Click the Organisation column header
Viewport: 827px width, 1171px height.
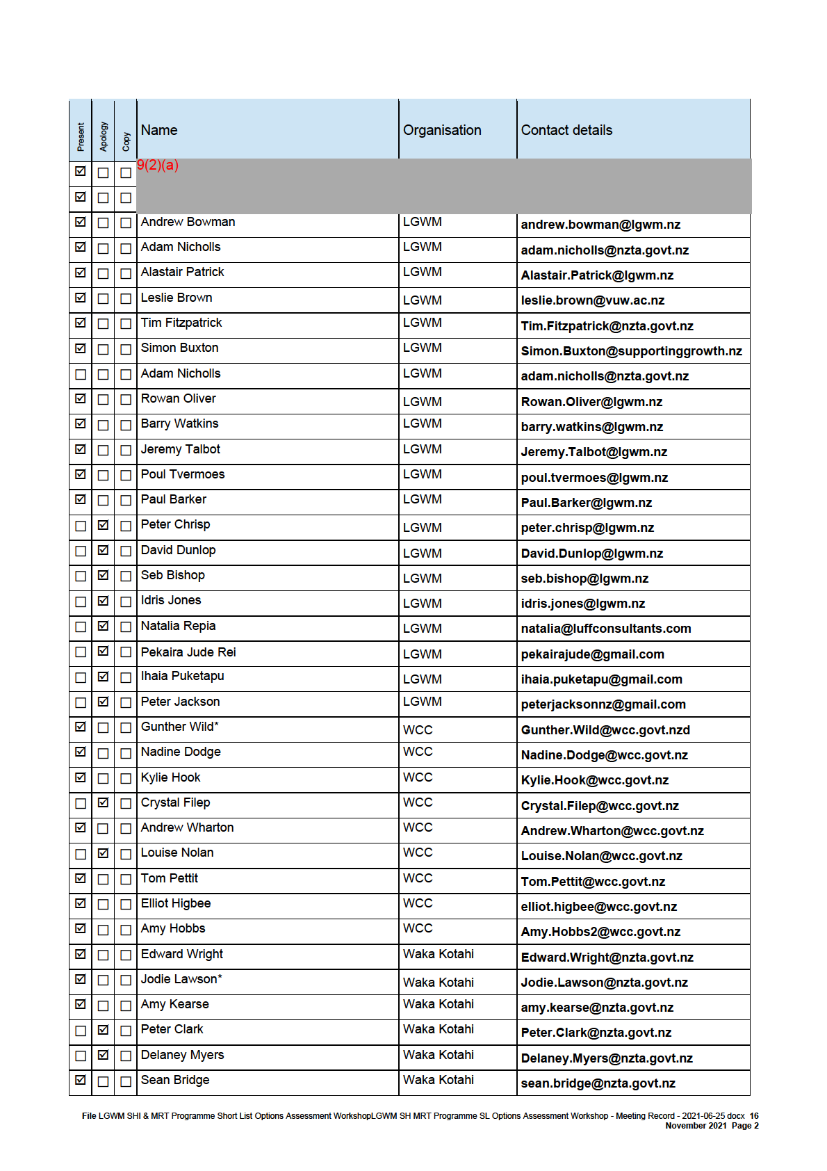[442, 130]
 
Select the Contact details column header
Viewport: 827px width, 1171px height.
[566, 130]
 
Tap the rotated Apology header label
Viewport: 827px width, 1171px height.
[104, 136]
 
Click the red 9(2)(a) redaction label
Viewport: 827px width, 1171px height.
[158, 165]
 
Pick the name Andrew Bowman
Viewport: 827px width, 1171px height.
[188, 222]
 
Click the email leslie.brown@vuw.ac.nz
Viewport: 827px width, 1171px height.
[592, 300]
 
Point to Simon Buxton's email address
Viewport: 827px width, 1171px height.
[631, 351]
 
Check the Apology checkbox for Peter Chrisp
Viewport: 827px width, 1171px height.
[104, 526]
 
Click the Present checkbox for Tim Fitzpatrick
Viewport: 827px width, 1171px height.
[81, 323]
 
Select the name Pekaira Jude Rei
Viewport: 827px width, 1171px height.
[188, 652]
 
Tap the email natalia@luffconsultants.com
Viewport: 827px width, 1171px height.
[605, 629]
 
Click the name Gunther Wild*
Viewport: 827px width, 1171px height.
[179, 727]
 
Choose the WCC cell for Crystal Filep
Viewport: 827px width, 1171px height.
[418, 802]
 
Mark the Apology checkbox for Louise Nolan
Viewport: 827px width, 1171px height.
[104, 853]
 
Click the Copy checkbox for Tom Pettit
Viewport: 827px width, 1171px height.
[126, 879]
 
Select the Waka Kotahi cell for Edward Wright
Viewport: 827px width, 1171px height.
[438, 954]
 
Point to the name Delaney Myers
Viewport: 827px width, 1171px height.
[182, 1055]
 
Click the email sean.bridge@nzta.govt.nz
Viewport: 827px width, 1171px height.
[598, 1083]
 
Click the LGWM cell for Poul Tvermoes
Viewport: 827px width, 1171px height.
[422, 474]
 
